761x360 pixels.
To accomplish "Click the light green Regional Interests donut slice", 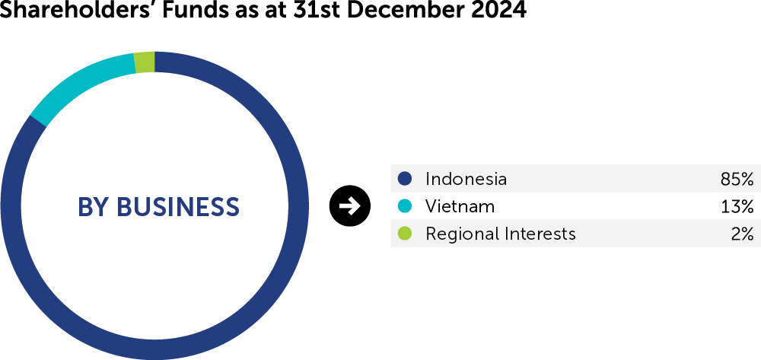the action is tap(145, 62).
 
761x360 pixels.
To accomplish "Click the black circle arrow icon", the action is tap(350, 206).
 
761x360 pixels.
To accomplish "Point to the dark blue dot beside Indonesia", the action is tap(404, 179).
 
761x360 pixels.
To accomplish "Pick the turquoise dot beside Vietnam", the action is tap(404, 206).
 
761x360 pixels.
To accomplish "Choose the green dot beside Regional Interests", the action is tap(404, 234).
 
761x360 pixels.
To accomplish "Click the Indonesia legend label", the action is tap(466, 179).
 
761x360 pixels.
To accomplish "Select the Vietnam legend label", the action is tap(460, 207).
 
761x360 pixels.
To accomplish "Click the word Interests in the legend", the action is tap(540, 234).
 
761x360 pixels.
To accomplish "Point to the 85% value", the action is tap(737, 179).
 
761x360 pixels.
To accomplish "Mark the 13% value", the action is tap(737, 207).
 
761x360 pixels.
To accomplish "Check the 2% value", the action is tap(743, 234).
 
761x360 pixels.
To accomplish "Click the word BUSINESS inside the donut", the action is tap(178, 207).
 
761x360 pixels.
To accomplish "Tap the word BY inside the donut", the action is tap(94, 207).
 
